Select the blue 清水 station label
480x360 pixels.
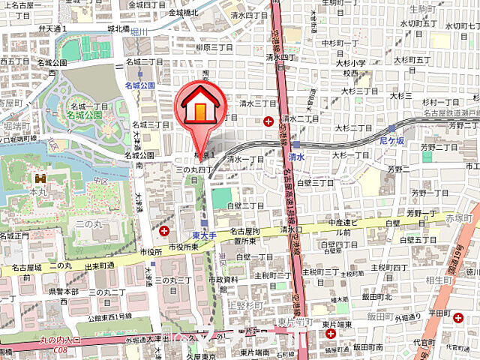point(296,157)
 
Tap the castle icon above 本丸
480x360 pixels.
point(39,179)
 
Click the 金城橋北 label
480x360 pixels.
point(184,13)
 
